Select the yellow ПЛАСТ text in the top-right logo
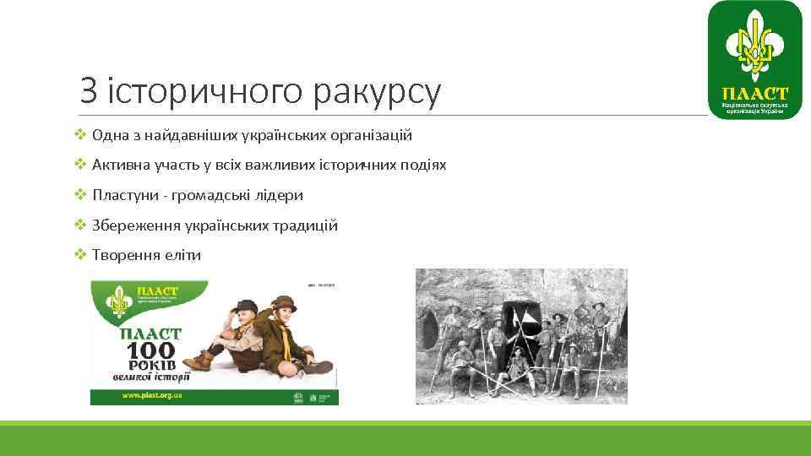754,93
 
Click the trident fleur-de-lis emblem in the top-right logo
754,47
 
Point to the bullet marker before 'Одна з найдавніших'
80,135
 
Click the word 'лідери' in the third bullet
281,195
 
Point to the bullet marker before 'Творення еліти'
80,255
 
